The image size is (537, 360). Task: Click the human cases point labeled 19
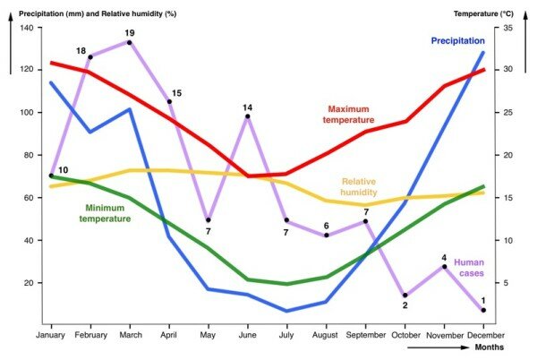130,42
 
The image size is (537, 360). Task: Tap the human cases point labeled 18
90,57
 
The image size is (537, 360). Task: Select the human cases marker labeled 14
247,116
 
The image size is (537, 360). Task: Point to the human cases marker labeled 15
169,101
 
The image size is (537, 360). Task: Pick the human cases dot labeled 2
405,295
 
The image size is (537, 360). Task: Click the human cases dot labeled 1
483,310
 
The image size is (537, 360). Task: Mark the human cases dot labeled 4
444,267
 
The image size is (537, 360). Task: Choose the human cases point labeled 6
326,236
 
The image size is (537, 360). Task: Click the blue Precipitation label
457,40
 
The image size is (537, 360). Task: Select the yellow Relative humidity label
359,186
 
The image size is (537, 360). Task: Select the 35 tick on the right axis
507,28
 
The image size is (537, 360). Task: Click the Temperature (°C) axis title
483,13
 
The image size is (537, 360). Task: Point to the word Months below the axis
487,347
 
